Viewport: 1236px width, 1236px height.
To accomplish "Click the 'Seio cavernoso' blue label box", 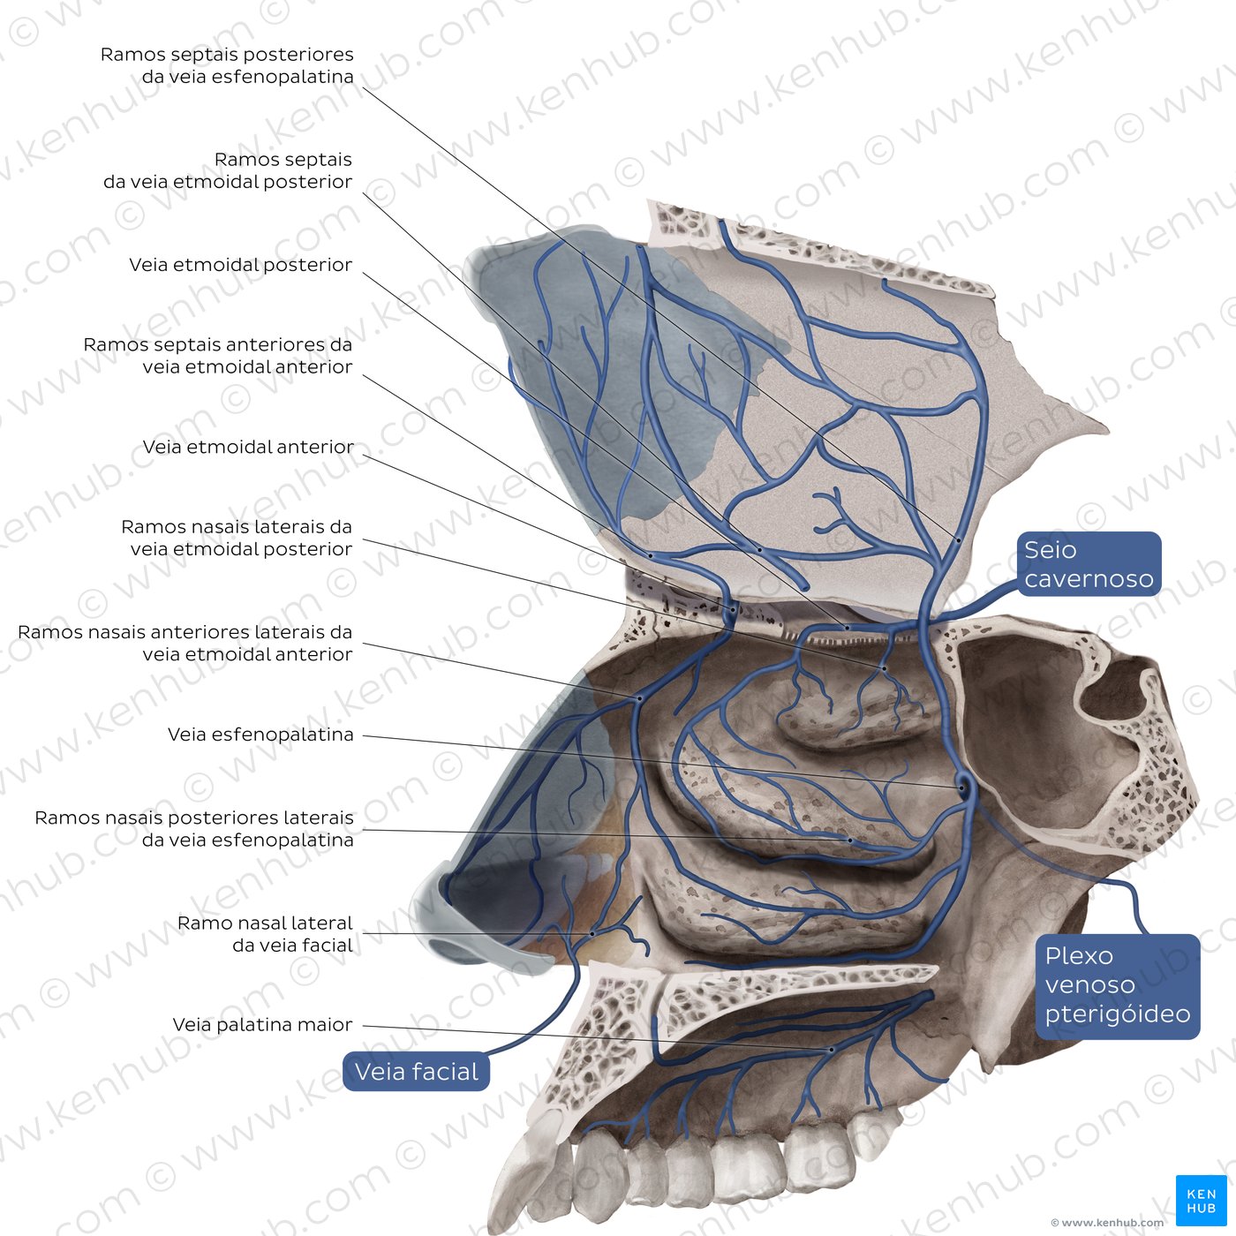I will [x=1089, y=564].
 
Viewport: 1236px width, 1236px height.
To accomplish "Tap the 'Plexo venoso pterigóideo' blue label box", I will [x=1117, y=985].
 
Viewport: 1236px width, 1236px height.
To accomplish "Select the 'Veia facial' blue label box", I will [x=416, y=1072].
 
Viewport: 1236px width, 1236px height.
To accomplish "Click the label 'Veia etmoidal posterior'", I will [x=240, y=265].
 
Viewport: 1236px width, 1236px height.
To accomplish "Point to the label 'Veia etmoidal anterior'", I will [x=248, y=448].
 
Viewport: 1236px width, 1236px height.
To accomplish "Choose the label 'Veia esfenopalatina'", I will [x=260, y=735].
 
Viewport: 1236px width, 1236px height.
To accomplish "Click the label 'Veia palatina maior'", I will [x=262, y=1025].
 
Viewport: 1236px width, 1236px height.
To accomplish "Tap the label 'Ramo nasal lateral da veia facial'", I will [x=265, y=934].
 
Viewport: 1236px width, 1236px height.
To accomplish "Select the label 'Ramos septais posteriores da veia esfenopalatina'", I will [x=227, y=65].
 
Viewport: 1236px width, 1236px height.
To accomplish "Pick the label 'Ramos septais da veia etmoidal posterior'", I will [x=228, y=170].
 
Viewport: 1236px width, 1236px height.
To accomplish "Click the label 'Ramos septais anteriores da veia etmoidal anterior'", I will [x=218, y=356].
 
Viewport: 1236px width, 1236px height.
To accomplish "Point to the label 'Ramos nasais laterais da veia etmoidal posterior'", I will [x=237, y=538].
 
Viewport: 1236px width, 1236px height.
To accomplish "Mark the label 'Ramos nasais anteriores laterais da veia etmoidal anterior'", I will [x=185, y=644].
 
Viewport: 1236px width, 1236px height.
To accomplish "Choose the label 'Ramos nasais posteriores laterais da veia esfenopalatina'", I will [x=194, y=829].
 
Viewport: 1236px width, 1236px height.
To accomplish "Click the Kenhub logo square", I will [x=1201, y=1201].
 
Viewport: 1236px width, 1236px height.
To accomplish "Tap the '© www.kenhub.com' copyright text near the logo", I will [x=1107, y=1223].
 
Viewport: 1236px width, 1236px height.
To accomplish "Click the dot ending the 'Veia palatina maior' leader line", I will [x=832, y=1050].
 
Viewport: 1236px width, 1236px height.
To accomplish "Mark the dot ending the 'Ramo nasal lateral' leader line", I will [x=592, y=933].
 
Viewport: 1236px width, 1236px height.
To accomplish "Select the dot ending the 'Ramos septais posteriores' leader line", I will [x=958, y=539].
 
